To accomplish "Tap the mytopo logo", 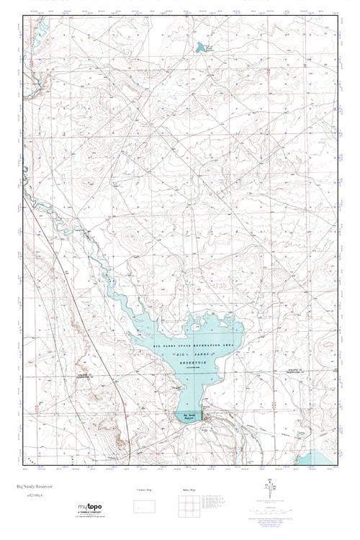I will pos(94,511).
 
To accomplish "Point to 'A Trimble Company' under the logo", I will pos(94,518).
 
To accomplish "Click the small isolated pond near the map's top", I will pos(199,48).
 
